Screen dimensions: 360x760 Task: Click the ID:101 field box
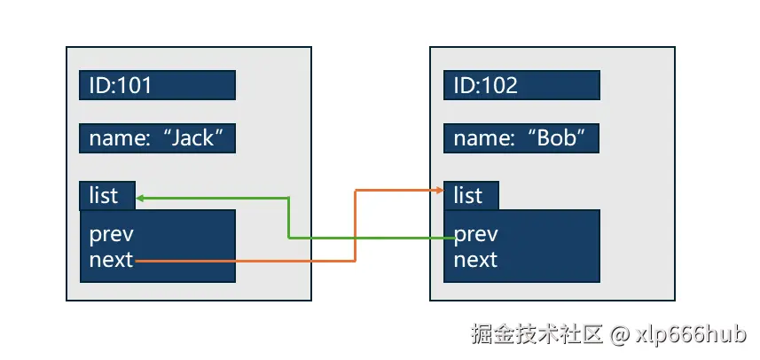[157, 85]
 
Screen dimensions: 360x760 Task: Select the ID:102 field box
[521, 85]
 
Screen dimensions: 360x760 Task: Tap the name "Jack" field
[157, 138]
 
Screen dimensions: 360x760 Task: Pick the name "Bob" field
[521, 138]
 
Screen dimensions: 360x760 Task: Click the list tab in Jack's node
[107, 195]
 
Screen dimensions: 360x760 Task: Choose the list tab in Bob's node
[471, 195]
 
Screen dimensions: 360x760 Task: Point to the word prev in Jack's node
[112, 235]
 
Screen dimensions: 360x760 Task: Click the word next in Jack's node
[112, 260]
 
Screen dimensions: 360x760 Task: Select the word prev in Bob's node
[476, 235]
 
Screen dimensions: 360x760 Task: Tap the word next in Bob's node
[476, 260]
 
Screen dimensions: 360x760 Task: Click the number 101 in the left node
[133, 85]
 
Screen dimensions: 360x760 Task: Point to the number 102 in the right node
[498, 85]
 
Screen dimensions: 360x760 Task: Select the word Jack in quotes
[193, 138]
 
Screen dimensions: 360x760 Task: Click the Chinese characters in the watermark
[537, 334]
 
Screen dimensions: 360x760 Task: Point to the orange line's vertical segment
[356, 225]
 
